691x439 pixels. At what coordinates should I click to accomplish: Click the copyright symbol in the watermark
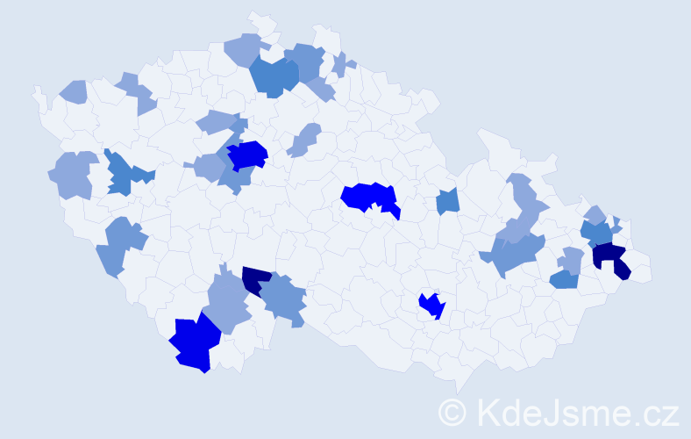click(453, 412)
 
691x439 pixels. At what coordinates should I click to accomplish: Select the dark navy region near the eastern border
click(611, 258)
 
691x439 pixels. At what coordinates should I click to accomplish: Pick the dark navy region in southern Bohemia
click(255, 279)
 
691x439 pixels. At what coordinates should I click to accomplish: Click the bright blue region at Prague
click(247, 155)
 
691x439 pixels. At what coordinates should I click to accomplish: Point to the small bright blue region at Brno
click(432, 306)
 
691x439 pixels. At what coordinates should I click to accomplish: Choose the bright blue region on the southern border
click(196, 343)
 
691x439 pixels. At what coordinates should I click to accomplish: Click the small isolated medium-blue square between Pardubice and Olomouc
click(447, 201)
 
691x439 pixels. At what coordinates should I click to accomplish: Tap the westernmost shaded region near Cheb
click(74, 91)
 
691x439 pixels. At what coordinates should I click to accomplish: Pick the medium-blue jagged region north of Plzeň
click(123, 174)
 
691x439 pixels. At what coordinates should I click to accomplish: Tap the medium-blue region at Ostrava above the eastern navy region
click(597, 233)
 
